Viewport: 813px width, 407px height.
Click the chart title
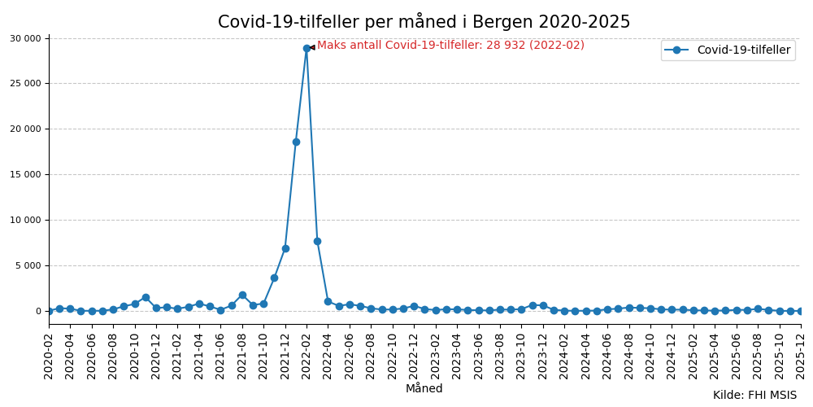click(424, 22)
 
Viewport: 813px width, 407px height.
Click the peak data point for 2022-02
click(307, 48)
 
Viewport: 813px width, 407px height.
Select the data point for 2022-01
click(296, 142)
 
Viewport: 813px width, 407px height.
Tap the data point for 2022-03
click(317, 241)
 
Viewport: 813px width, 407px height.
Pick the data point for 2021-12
click(285, 248)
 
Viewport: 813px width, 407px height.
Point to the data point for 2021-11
click(274, 278)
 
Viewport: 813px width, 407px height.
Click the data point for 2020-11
click(146, 297)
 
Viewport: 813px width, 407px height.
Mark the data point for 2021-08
click(242, 295)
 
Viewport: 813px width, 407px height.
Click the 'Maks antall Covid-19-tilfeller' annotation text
click(450, 46)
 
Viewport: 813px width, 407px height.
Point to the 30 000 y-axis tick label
click(25, 38)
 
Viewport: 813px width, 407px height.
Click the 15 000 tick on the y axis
click(25, 174)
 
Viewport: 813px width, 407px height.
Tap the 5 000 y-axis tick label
click(28, 265)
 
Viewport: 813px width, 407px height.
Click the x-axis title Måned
click(424, 389)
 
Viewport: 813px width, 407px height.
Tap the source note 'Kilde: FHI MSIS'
click(754, 396)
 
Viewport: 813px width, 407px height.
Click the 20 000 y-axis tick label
click(25, 129)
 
